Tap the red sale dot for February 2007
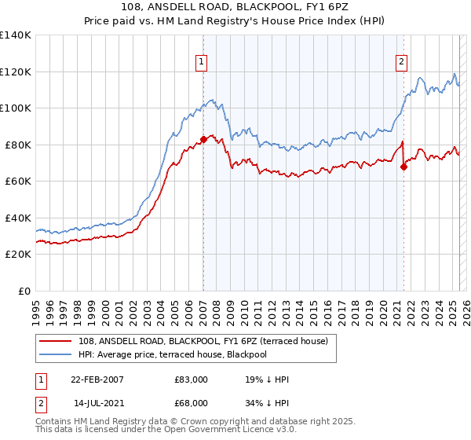[203, 139]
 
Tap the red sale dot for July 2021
[403, 167]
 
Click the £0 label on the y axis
[24, 291]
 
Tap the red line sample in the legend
[55, 340]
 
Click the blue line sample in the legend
[55, 354]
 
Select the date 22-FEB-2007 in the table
[97, 379]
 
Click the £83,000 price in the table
[192, 379]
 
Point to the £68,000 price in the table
[192, 403]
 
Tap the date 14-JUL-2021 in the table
[97, 403]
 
